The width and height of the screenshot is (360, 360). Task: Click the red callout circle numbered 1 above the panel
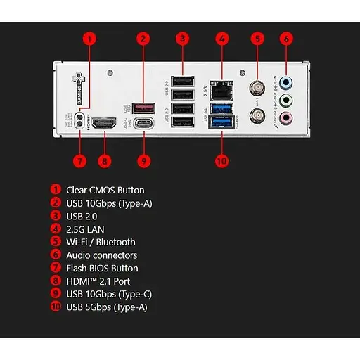[89, 39]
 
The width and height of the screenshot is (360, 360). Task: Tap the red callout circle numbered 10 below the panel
[221, 161]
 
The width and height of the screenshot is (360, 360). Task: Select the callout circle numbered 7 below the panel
[79, 161]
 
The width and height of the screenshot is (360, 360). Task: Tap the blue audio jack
[285, 82]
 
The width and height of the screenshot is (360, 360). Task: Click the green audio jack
[285, 100]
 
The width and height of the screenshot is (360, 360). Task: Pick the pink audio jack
[285, 118]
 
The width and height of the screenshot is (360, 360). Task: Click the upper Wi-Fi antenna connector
[257, 89]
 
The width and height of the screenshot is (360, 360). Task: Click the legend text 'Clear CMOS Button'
[105, 190]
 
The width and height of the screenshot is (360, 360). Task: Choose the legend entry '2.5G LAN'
[86, 229]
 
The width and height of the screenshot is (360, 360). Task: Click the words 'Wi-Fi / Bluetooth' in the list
[101, 242]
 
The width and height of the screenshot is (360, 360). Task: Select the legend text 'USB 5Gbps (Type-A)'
[107, 307]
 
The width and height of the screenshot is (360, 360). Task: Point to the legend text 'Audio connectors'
[101, 255]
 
